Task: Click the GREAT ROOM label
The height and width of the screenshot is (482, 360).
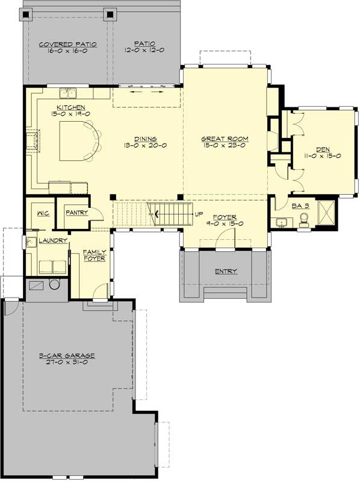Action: click(225, 139)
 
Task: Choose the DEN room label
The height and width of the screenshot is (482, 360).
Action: click(315, 148)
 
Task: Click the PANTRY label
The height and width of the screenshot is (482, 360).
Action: click(77, 212)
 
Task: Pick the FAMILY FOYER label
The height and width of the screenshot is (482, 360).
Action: click(95, 255)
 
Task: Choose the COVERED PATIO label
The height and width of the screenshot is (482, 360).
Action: click(60, 44)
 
